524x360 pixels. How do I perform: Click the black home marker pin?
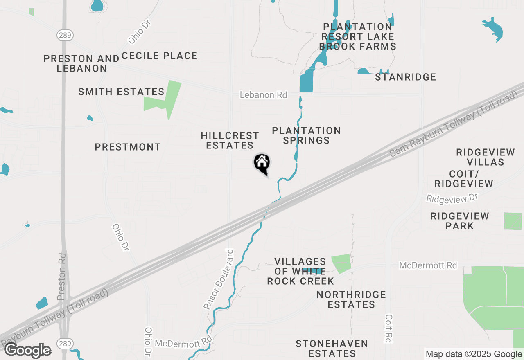pyautogui.click(x=262, y=164)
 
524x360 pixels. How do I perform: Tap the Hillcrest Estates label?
pyautogui.click(x=230, y=140)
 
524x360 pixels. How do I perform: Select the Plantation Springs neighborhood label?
pyautogui.click(x=306, y=135)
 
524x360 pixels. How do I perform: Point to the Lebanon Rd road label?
pyautogui.click(x=263, y=95)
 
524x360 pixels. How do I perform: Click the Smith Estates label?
pyautogui.click(x=121, y=92)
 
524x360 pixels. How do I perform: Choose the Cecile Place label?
pyautogui.click(x=160, y=56)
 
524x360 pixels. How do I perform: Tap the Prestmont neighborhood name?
pyautogui.click(x=128, y=147)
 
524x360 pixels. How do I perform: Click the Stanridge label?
pyautogui.click(x=405, y=77)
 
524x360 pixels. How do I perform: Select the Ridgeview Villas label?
pyautogui.click(x=486, y=157)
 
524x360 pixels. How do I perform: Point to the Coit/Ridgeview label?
pyautogui.click(x=464, y=179)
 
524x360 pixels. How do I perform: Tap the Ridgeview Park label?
pyautogui.click(x=460, y=221)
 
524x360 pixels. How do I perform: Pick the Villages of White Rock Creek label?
pyautogui.click(x=300, y=271)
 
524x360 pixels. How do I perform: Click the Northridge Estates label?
pyautogui.click(x=351, y=299)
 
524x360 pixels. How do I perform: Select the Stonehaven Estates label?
pyautogui.click(x=332, y=349)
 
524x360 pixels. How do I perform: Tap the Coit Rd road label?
pyautogui.click(x=388, y=328)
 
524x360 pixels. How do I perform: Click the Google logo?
pyautogui.click(x=27, y=351)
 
